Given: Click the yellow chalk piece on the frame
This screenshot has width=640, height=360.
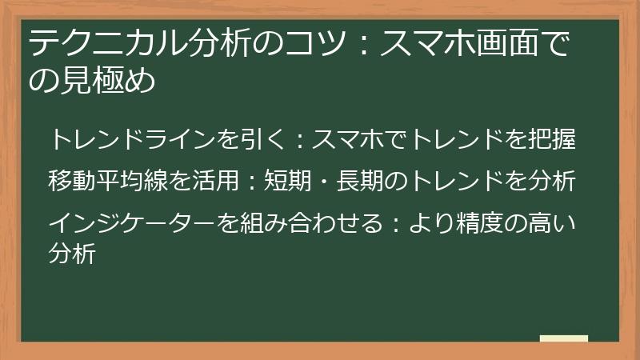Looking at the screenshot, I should (563, 339).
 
